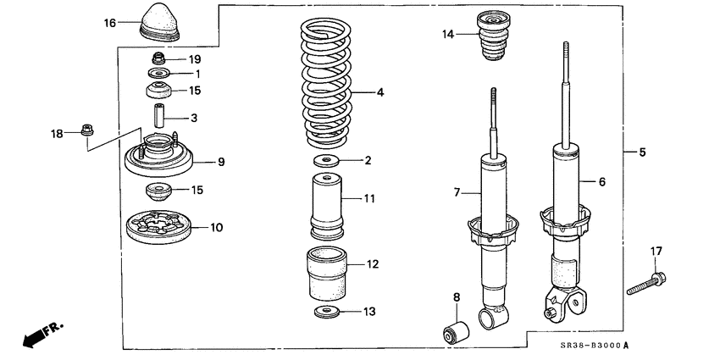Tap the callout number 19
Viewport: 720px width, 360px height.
pos(195,59)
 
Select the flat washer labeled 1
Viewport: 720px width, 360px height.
pos(158,74)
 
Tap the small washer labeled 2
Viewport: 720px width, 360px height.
pos(326,160)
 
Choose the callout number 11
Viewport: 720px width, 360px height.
pos(369,198)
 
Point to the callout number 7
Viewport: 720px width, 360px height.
pos(457,193)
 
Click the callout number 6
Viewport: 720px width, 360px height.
pos(602,181)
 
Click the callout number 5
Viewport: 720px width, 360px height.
pos(642,152)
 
